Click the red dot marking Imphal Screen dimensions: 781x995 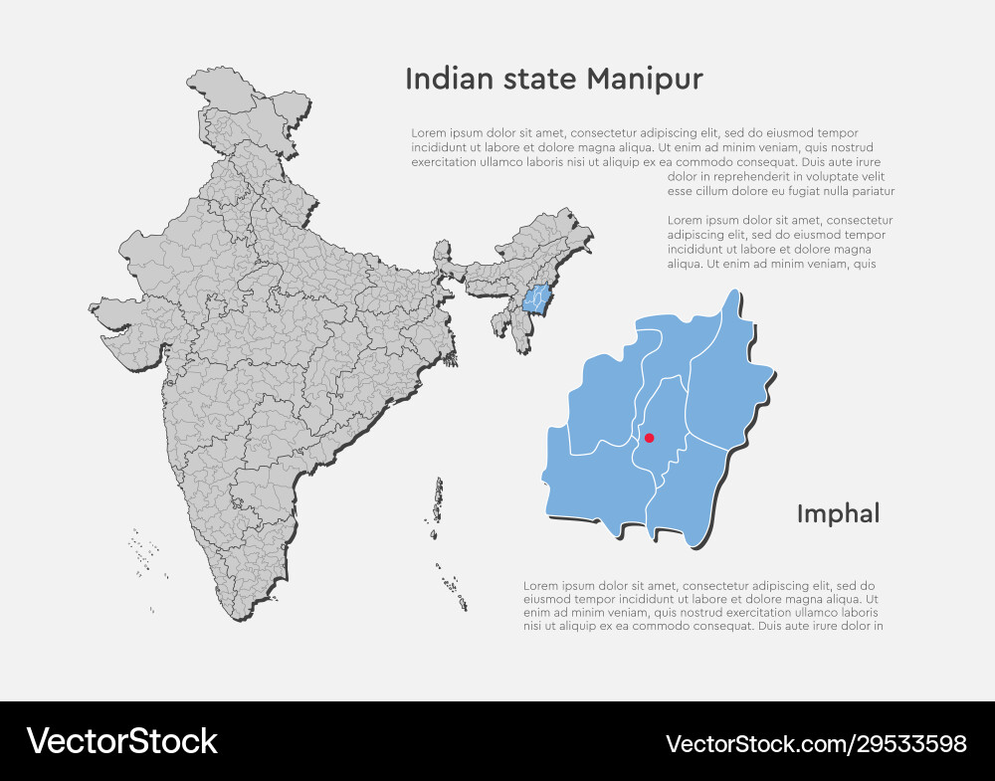650,438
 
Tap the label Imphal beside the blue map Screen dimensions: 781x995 838,514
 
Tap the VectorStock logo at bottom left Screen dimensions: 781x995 121,741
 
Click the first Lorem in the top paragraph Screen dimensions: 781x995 429,133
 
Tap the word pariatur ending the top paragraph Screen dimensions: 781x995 871,191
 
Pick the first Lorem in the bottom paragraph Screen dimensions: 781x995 540,586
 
